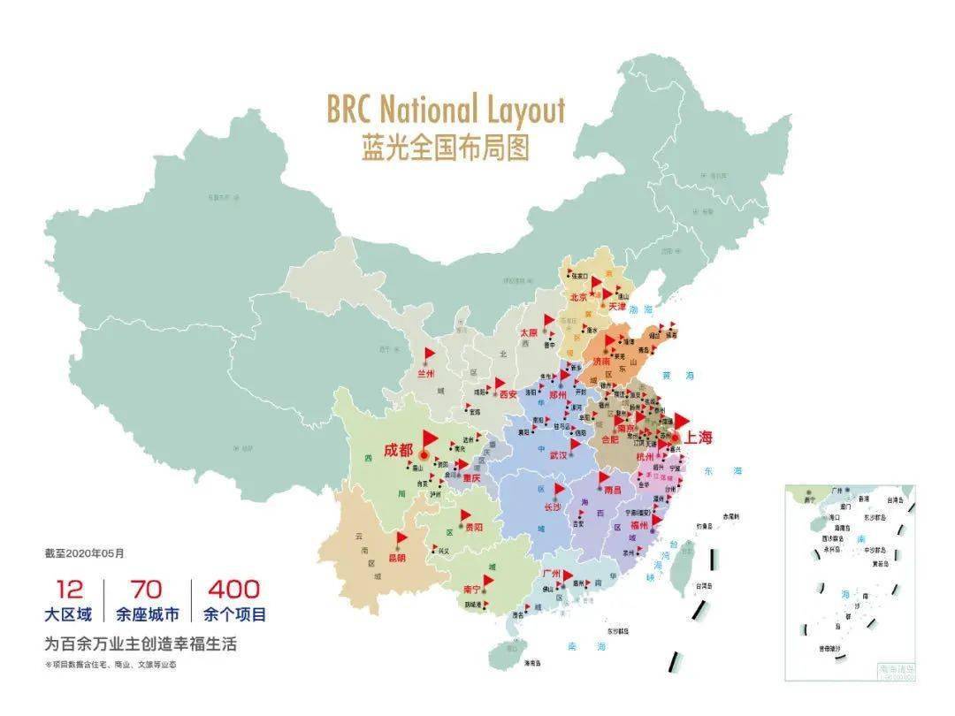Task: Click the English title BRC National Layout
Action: [445, 110]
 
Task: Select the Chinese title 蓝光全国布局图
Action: [445, 148]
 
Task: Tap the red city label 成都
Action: [398, 450]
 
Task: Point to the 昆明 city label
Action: [396, 558]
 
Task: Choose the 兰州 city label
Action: [426, 374]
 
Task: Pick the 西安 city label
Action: [508, 394]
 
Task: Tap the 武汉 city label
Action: [558, 456]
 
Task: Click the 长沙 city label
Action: [553, 507]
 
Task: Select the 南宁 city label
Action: [470, 589]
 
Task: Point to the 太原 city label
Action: [529, 333]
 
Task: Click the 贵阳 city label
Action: [472, 527]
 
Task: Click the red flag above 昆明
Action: [401, 538]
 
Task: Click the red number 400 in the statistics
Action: [233, 590]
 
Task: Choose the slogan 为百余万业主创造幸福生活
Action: [141, 644]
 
